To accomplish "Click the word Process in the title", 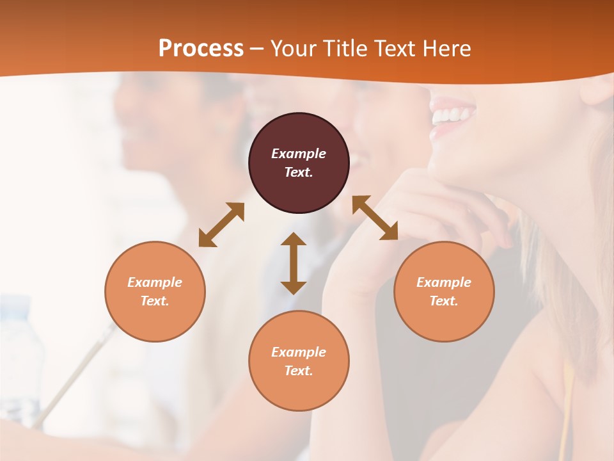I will click(x=201, y=49).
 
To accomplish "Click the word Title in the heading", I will click(x=343, y=49).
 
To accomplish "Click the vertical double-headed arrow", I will click(x=294, y=263).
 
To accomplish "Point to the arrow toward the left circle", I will click(x=221, y=225).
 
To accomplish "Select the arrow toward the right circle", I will click(x=375, y=218).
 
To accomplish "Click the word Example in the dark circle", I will click(x=299, y=154).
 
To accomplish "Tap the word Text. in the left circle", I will click(x=155, y=301).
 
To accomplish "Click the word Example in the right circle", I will click(x=444, y=282).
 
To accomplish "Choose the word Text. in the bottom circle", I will click(x=299, y=371).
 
